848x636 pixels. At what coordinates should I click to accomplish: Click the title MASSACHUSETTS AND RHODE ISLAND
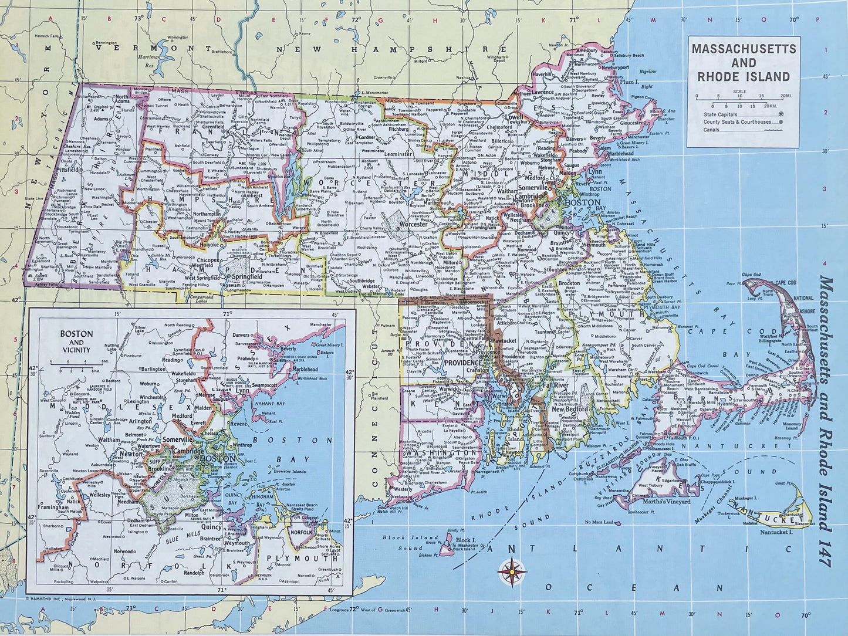click(744, 62)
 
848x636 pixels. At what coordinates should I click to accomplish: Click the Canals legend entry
click(712, 130)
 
